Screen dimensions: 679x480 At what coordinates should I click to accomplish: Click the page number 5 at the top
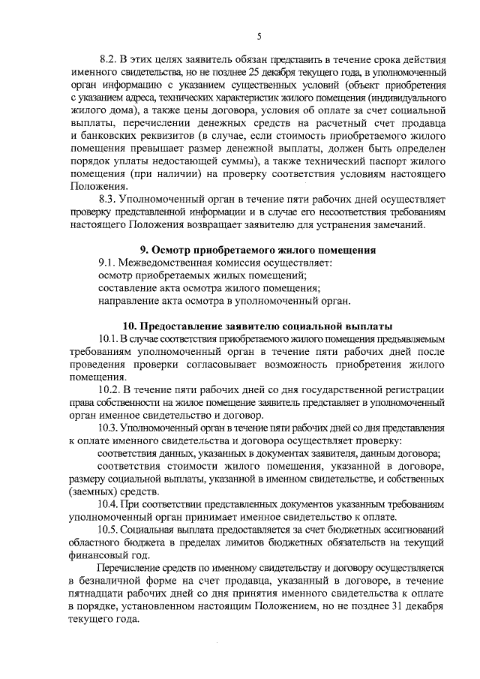(x=258, y=36)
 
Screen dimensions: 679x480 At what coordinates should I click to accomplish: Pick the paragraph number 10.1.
(x=112, y=340)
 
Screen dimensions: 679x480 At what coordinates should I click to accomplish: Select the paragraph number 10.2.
(x=112, y=391)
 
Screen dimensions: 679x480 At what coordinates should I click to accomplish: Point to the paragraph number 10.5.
(x=112, y=530)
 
